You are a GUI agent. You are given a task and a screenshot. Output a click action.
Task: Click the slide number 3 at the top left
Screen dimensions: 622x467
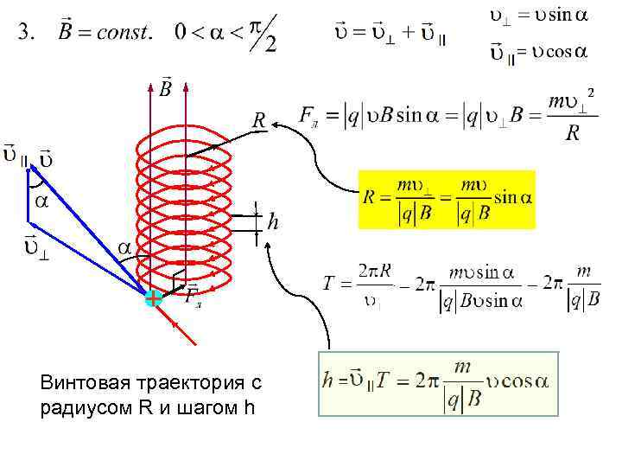(x=26, y=33)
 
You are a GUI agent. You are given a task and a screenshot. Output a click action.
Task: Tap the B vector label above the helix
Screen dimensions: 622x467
(x=165, y=87)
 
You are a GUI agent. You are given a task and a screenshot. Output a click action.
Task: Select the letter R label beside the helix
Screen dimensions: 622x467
(x=258, y=120)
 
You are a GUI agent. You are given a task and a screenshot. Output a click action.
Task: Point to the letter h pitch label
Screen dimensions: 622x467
(x=273, y=223)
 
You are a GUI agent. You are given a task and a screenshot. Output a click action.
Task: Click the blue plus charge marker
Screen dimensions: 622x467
(x=153, y=298)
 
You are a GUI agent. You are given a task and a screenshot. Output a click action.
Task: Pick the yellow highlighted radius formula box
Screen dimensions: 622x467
(x=447, y=199)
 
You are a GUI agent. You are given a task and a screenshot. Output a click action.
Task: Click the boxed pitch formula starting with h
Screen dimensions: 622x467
(x=438, y=384)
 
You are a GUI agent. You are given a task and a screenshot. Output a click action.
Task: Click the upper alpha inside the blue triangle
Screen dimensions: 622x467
(x=40, y=199)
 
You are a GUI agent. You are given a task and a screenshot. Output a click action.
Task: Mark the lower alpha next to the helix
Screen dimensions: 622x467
(x=125, y=248)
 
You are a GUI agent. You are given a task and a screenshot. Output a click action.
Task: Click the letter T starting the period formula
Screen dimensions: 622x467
(x=328, y=282)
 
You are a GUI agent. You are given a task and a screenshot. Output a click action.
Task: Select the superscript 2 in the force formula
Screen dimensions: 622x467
(x=591, y=92)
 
